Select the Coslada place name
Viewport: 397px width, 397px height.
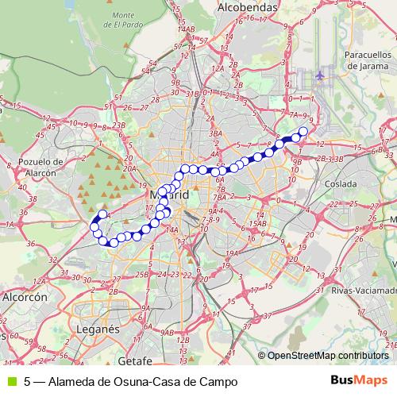[x=341, y=183]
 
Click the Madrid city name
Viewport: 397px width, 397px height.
[x=169, y=195]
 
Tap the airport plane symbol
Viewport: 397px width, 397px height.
[x=320, y=75]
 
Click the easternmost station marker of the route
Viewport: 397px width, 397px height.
[x=303, y=131]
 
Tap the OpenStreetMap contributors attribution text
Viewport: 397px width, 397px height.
[x=328, y=355]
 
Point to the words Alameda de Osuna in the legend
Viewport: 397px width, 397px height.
[x=99, y=381]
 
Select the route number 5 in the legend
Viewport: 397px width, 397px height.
[x=28, y=381]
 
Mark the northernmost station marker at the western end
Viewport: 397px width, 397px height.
[x=102, y=214]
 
